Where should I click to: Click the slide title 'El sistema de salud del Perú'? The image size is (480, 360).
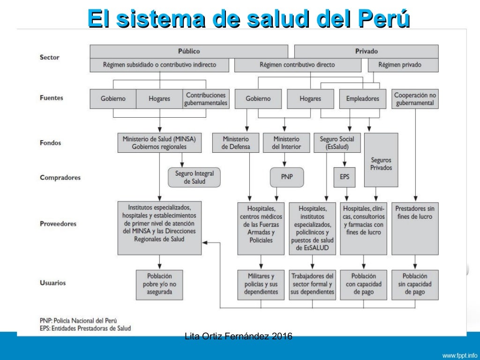click(248, 20)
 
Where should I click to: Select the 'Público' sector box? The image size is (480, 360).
click(189, 51)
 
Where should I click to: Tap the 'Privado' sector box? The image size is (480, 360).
click(366, 51)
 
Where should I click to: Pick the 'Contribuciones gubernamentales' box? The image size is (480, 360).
click(206, 99)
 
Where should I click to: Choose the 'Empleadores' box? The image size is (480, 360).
click(363, 99)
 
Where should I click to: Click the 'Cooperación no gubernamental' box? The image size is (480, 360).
click(415, 99)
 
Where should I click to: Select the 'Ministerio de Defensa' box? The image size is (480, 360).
click(236, 143)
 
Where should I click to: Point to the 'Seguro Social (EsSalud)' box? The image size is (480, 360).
click(337, 143)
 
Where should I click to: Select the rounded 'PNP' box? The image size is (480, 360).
click(286, 178)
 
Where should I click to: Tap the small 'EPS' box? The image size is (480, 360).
click(345, 178)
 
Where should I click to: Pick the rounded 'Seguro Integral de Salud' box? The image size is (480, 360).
click(194, 178)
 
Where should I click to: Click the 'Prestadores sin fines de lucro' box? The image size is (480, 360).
click(415, 228)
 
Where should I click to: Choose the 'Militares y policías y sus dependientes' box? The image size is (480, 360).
click(261, 284)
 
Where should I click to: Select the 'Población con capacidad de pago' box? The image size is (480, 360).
click(363, 284)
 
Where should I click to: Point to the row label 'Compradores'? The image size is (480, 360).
click(60, 178)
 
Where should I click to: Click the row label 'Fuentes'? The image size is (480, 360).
click(52, 98)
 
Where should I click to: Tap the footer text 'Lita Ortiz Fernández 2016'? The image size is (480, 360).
click(239, 336)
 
